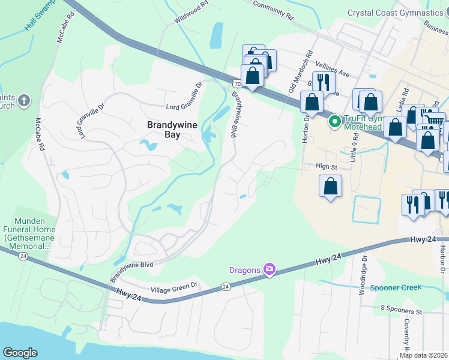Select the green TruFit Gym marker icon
pyautogui.click(x=334, y=122)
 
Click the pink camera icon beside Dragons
pyautogui.click(x=270, y=269)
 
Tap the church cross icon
pyautogui.click(x=23, y=100)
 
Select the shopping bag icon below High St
pyautogui.click(x=330, y=186)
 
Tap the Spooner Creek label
pyautogui.click(x=396, y=287)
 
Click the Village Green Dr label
pyautogui.click(x=173, y=285)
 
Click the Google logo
pyautogui.click(x=20, y=353)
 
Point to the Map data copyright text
pyautogui.click(x=424, y=355)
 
